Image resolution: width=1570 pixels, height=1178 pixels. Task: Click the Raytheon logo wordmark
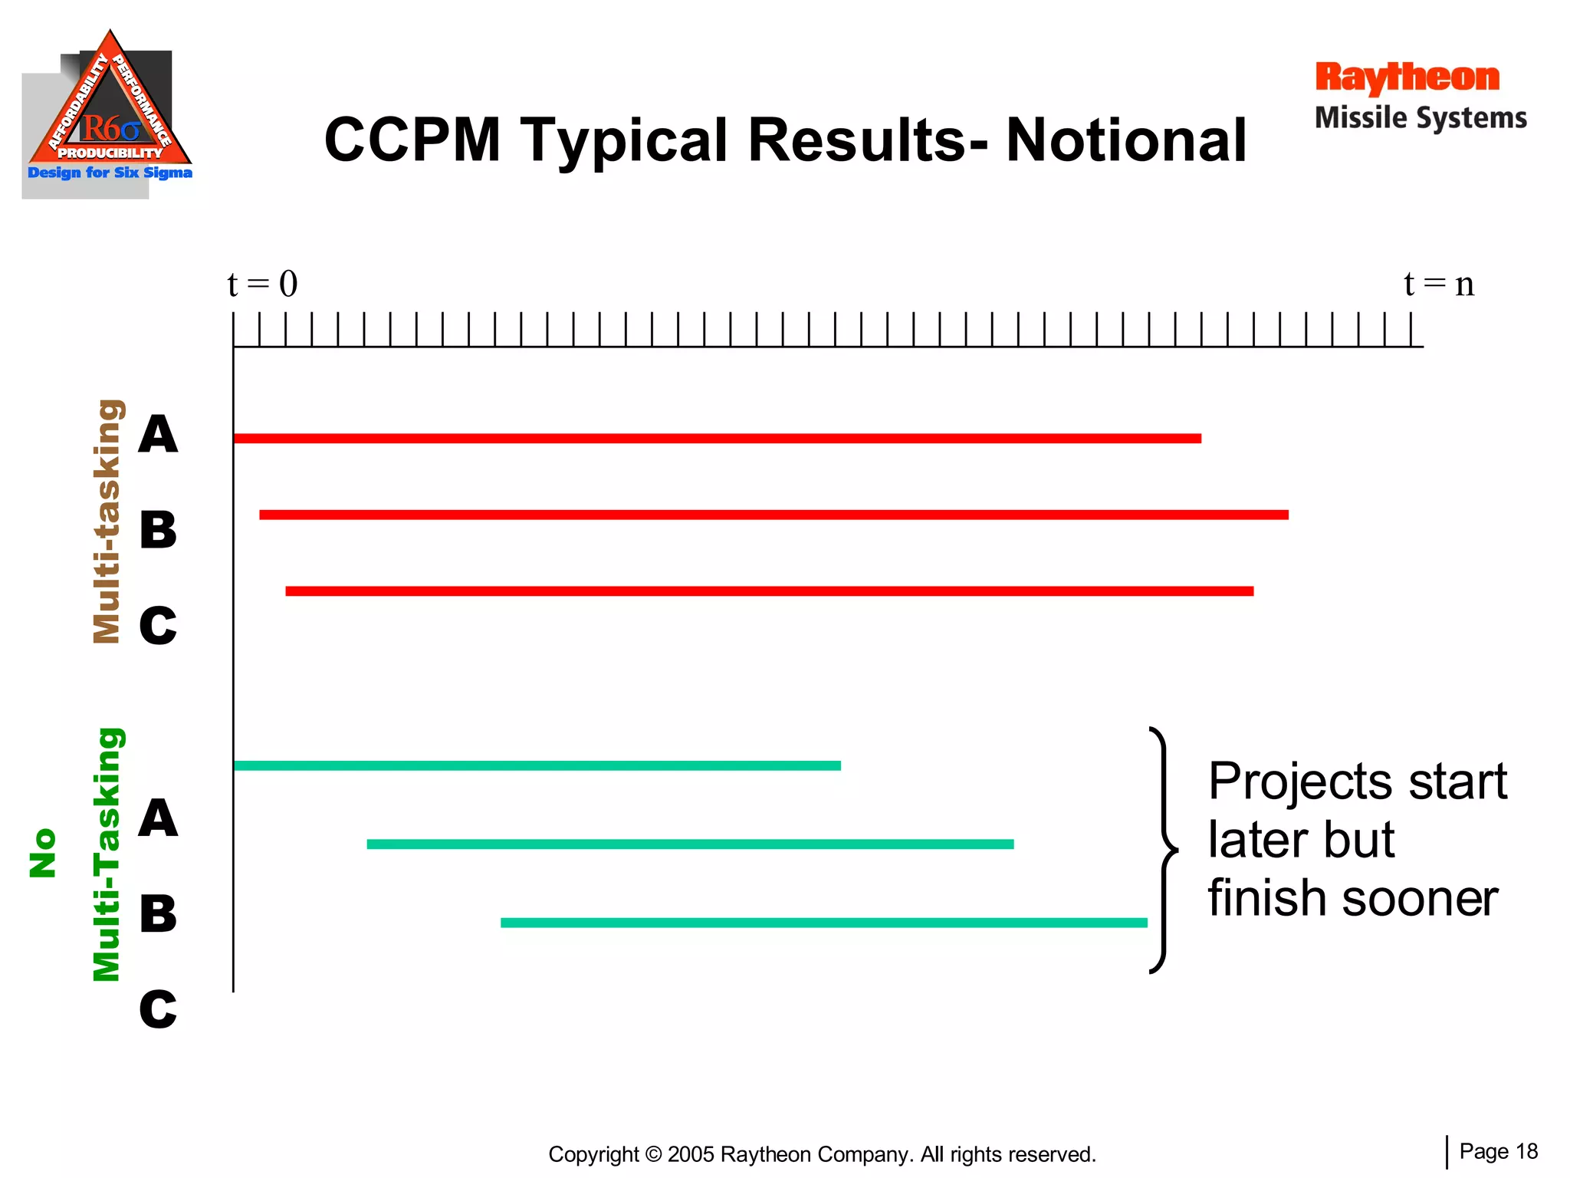click(1407, 77)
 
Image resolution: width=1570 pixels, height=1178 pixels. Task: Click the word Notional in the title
click(1126, 140)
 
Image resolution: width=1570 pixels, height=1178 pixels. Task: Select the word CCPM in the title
click(412, 140)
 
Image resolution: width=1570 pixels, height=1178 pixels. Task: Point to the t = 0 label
click(262, 285)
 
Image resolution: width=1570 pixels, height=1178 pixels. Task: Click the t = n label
click(1439, 285)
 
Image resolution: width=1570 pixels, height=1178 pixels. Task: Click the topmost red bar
click(717, 439)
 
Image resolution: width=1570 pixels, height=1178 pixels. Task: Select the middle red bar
click(774, 515)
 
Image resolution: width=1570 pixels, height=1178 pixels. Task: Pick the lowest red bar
click(769, 591)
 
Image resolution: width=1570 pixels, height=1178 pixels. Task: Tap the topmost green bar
click(537, 765)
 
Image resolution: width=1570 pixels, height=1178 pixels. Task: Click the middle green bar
click(690, 844)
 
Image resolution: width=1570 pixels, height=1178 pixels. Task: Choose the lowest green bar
click(823, 923)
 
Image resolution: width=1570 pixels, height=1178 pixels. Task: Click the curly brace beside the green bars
click(1163, 850)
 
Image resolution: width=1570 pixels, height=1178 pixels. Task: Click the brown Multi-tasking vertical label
click(107, 522)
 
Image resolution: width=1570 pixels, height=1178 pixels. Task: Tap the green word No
click(43, 853)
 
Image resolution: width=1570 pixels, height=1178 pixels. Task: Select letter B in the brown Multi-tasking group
click(158, 530)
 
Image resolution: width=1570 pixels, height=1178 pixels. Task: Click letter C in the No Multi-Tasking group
click(158, 1009)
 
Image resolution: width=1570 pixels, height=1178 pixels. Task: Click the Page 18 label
click(1498, 1151)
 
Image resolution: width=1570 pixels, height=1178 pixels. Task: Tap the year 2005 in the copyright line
click(691, 1154)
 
